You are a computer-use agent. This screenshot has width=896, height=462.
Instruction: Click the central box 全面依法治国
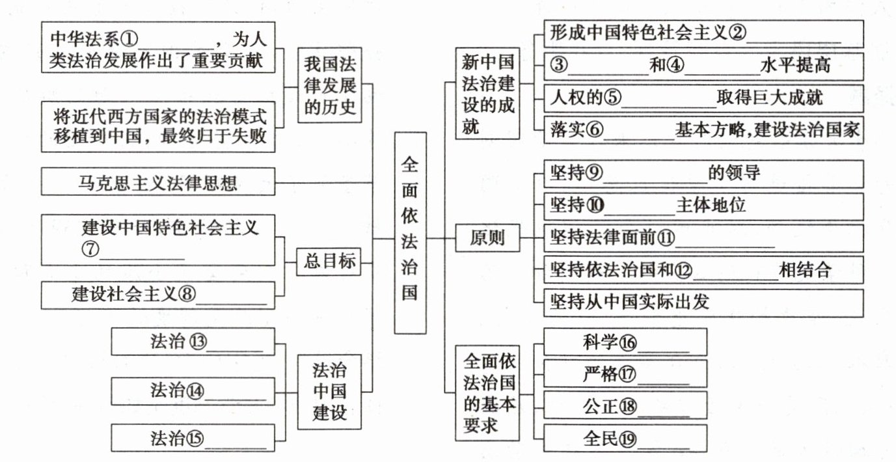coord(410,232)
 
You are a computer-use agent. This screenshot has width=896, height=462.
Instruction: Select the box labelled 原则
coord(487,239)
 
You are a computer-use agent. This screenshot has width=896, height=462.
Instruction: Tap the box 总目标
coord(329,262)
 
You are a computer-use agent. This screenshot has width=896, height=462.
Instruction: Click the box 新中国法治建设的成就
coord(487,94)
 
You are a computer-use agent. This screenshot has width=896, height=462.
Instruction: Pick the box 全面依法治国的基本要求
coord(487,392)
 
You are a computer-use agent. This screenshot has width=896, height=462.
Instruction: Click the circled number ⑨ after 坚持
coord(595,173)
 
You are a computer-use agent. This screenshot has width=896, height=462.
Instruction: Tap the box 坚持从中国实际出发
coord(698,302)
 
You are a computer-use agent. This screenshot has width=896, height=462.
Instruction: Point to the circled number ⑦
coord(89,251)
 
